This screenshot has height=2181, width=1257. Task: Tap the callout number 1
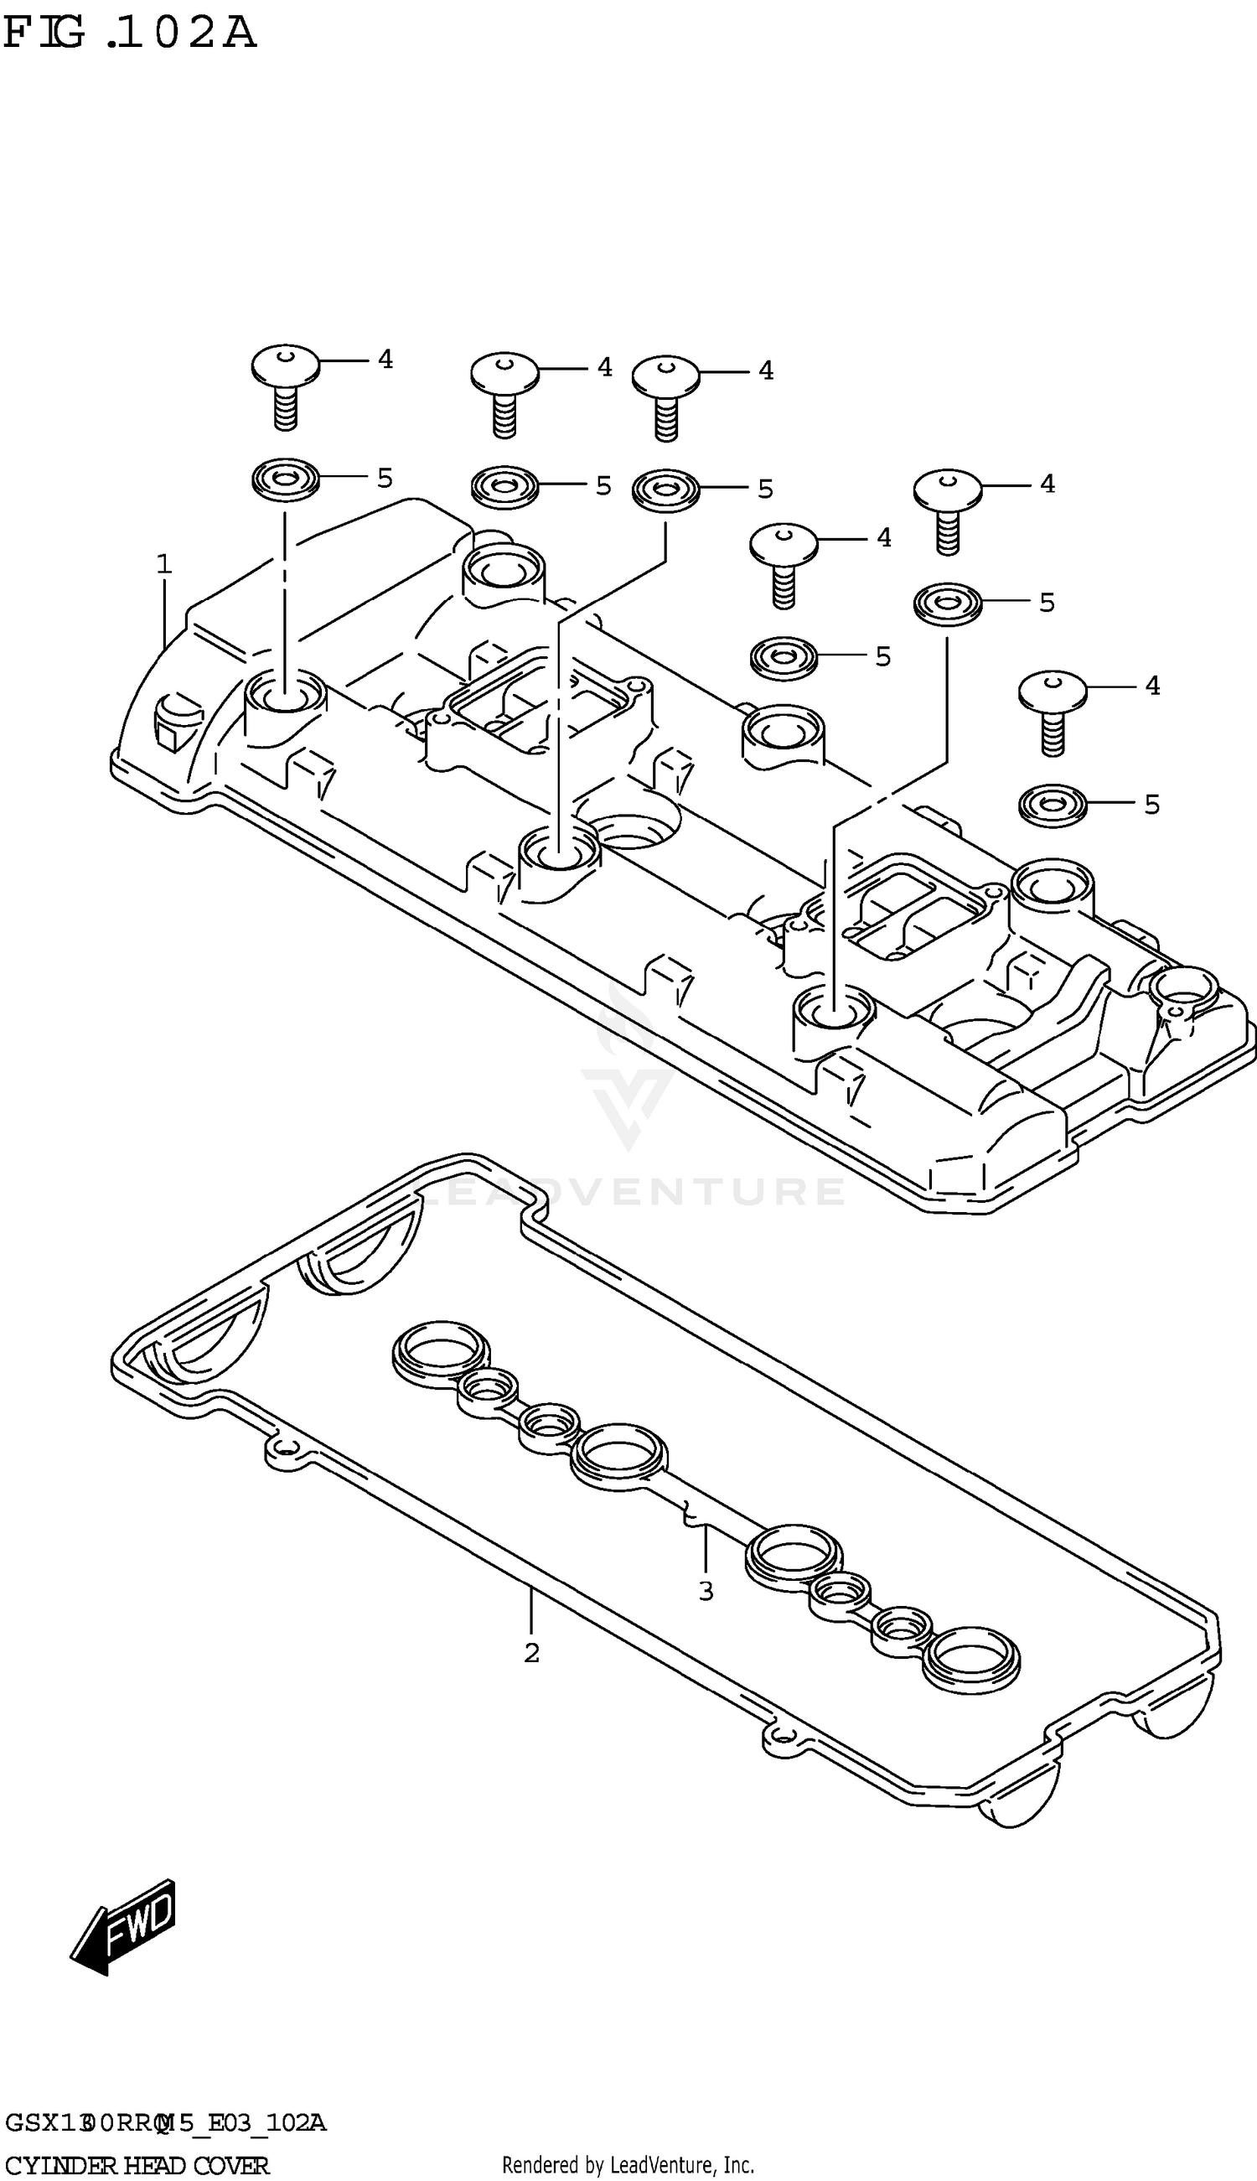pyautogui.click(x=163, y=565)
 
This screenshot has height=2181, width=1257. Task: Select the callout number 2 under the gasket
pyautogui.click(x=532, y=1653)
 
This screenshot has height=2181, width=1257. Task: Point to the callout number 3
pyautogui.click(x=706, y=1591)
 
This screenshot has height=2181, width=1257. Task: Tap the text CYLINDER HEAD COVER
pyautogui.click(x=137, y=2158)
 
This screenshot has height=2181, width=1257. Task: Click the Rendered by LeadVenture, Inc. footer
pyautogui.click(x=628, y=2158)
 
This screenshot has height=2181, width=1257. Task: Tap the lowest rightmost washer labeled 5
pyautogui.click(x=1052, y=804)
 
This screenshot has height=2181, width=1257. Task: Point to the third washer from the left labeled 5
pyautogui.click(x=665, y=490)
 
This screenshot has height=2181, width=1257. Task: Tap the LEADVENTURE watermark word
pyautogui.click(x=630, y=1192)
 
